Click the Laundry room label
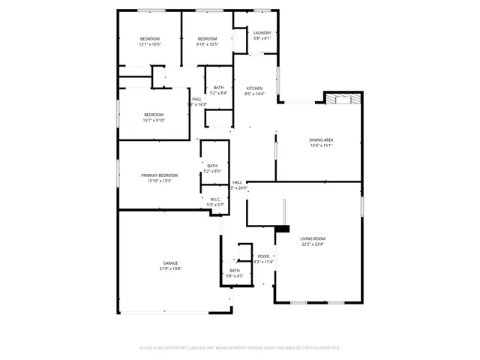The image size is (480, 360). pyautogui.click(x=262, y=33)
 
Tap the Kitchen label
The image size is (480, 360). pyautogui.click(x=255, y=88)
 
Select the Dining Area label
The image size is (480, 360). pyautogui.click(x=321, y=140)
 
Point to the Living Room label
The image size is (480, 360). pyautogui.click(x=314, y=238)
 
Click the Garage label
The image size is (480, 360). pyautogui.click(x=171, y=262)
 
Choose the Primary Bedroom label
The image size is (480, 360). pyautogui.click(x=159, y=175)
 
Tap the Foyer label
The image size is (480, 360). pyautogui.click(x=264, y=256)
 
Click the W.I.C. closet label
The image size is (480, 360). pyautogui.click(x=215, y=199)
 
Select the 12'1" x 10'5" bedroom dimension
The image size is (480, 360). pyautogui.click(x=150, y=44)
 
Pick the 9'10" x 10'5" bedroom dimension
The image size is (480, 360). pyautogui.click(x=208, y=44)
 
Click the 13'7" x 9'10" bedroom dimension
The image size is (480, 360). pyautogui.click(x=154, y=120)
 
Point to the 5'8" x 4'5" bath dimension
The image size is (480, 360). pyautogui.click(x=235, y=276)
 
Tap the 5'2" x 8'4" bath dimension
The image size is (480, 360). pyautogui.click(x=218, y=93)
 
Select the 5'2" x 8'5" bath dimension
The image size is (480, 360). pyautogui.click(x=212, y=172)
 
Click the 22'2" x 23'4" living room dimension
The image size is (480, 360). pyautogui.click(x=314, y=244)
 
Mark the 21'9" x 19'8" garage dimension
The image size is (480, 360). pyautogui.click(x=171, y=268)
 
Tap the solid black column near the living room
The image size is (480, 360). pyautogui.click(x=283, y=229)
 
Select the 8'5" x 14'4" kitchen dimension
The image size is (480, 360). pyautogui.click(x=255, y=94)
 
